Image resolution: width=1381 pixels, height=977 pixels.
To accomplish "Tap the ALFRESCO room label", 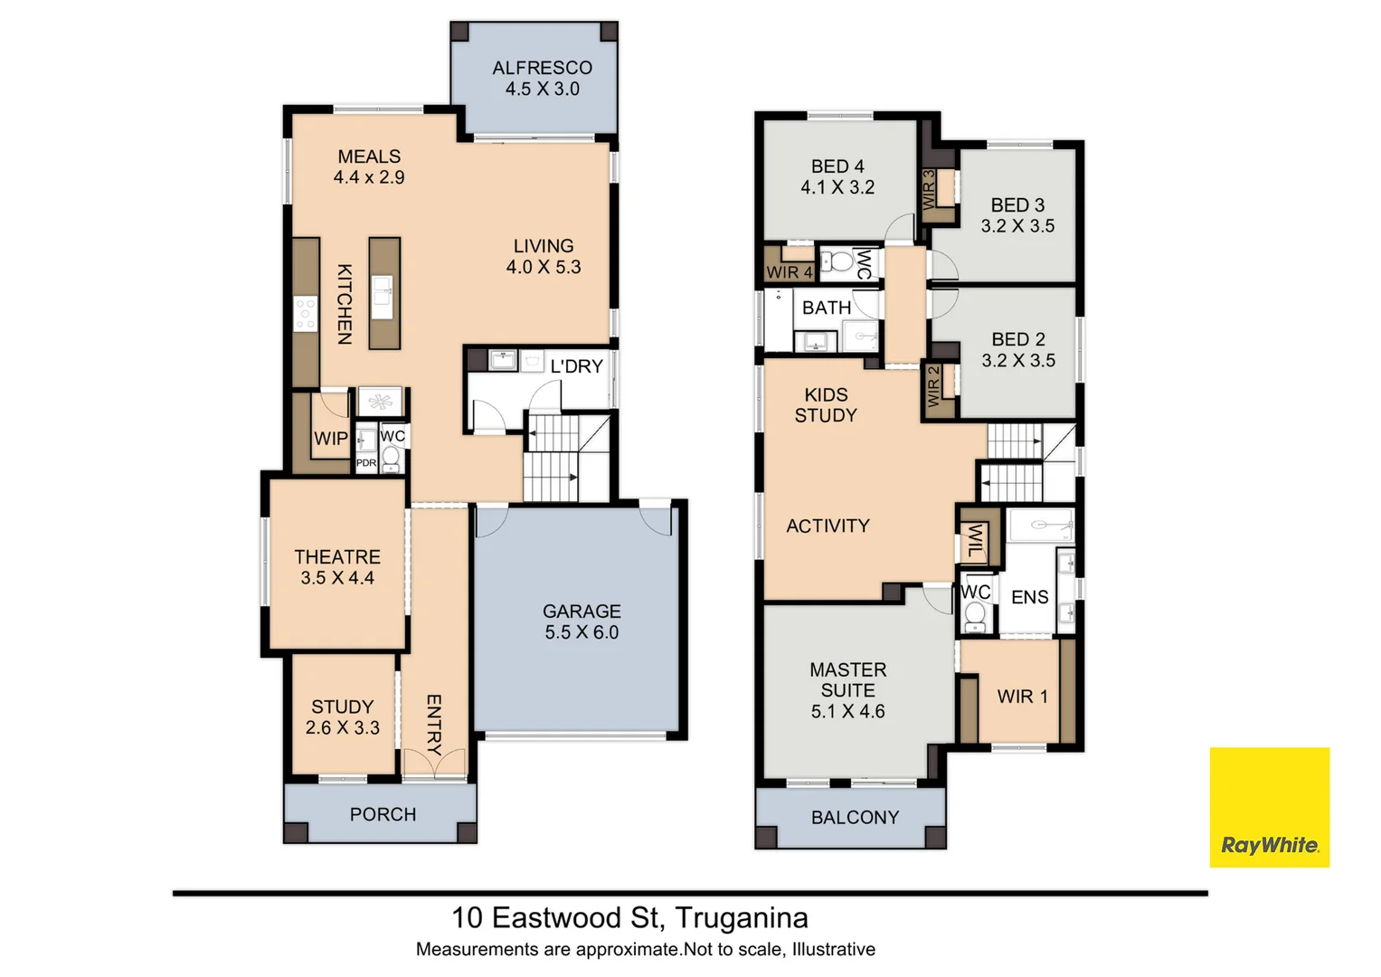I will coord(542,68).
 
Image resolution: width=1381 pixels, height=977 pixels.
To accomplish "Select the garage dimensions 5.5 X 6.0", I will coord(582,633).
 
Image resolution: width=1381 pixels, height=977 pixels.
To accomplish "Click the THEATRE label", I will coord(337,557).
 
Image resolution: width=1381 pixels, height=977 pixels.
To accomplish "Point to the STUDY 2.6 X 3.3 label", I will coord(342,717).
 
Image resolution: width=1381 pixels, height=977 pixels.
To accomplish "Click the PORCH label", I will coord(383,815).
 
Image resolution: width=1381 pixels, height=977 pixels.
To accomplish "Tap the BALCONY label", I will coord(855,818).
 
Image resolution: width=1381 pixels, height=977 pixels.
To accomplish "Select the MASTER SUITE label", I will coord(847,680).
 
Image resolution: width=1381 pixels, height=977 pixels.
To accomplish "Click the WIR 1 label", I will coord(1022,697).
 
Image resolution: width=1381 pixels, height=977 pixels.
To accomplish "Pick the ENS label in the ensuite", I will coord(1029,597).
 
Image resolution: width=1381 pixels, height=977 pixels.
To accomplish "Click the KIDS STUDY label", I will coord(826,405).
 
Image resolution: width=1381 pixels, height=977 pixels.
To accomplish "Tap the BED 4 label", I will coord(837,166).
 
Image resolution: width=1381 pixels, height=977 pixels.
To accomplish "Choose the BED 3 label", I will coord(1017,205).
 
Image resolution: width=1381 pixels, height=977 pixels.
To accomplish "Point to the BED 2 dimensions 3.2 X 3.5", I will coord(1018,361).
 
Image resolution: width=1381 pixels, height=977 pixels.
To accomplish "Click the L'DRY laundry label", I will coord(576,366).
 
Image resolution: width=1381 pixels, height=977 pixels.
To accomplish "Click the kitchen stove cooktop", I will coord(306,313).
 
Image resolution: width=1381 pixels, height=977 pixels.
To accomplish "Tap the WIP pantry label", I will coord(330,439).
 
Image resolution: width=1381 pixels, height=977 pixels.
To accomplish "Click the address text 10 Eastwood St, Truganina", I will coord(629,918).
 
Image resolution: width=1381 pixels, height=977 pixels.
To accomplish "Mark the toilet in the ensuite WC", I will coord(974,616).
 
